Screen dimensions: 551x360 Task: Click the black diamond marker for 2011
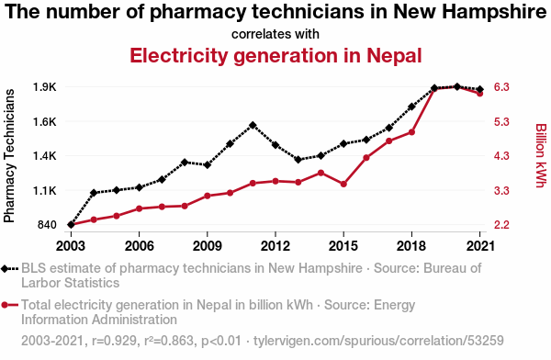(x=253, y=125)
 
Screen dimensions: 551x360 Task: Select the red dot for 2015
(x=343, y=184)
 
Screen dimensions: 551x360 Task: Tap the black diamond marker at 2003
(x=71, y=225)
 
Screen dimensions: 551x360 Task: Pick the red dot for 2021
(x=479, y=94)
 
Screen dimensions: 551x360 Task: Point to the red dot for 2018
(x=411, y=132)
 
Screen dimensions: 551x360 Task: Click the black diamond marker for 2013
(x=298, y=160)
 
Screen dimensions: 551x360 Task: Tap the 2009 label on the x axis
(x=208, y=246)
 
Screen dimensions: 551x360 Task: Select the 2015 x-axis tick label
(x=343, y=246)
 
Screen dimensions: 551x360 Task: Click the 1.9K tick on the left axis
(x=45, y=87)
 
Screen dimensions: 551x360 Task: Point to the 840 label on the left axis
(x=47, y=225)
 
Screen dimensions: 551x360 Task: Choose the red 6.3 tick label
(x=501, y=87)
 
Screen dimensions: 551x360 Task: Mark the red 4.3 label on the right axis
(x=501, y=156)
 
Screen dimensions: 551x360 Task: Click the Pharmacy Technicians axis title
(x=9, y=156)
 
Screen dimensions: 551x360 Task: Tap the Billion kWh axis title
(x=541, y=155)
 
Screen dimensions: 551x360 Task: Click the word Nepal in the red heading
(x=394, y=55)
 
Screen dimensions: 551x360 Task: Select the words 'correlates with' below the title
(x=275, y=34)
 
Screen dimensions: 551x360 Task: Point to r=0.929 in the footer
(x=114, y=341)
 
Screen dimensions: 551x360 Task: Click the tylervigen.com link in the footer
(x=378, y=341)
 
